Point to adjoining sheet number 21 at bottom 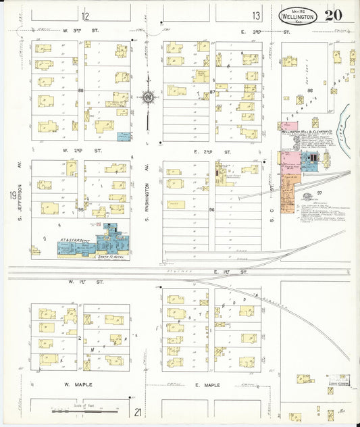pos(138,411)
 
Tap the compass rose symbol pos(148,98)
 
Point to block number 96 pos(211,209)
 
